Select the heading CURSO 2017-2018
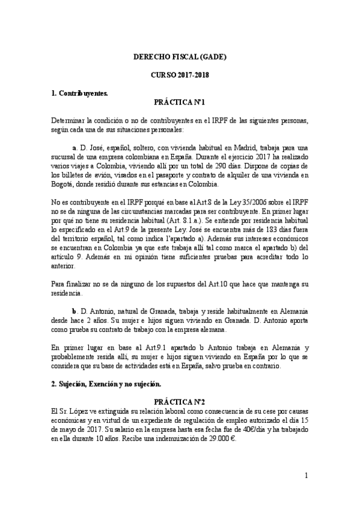click(180, 76)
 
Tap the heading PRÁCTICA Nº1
click(180, 103)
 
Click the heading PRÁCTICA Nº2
click(180, 401)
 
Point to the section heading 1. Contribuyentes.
click(79, 94)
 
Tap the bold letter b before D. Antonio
click(74, 311)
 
